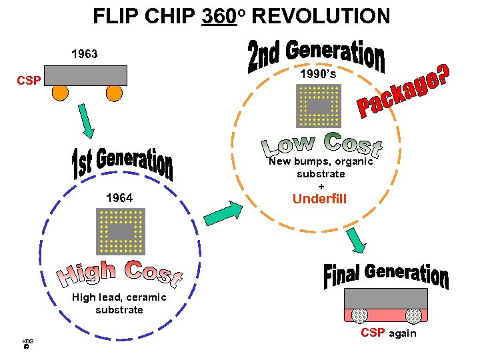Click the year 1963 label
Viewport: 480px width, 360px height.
click(x=84, y=54)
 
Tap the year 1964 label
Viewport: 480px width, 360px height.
click(x=119, y=198)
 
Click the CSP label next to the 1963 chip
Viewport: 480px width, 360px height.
click(x=29, y=81)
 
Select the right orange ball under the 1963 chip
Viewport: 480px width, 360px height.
click(x=115, y=93)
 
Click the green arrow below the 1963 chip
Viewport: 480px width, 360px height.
click(x=87, y=121)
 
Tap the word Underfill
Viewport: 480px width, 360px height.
click(x=320, y=199)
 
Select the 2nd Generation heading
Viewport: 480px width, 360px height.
click(x=317, y=55)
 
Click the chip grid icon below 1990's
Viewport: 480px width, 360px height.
click(x=319, y=106)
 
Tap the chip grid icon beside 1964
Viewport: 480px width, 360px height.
click(x=121, y=231)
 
